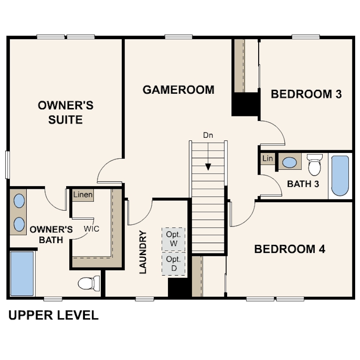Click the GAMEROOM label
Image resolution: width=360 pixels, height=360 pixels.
point(178,90)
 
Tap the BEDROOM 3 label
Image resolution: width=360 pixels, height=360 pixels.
point(306,94)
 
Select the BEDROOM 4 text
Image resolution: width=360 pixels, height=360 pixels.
point(290,249)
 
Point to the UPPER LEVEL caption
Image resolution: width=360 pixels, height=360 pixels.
point(53,315)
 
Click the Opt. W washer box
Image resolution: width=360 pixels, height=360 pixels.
point(174,239)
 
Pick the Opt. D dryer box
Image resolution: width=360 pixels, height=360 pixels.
point(174,264)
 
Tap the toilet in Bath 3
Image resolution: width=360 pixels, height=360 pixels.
point(315,164)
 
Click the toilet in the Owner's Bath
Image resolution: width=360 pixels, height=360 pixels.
point(89,284)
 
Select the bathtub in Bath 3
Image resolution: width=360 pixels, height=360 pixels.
point(340,176)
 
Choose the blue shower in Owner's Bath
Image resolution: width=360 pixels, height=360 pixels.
point(22,274)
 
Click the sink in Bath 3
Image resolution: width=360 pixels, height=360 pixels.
point(289,162)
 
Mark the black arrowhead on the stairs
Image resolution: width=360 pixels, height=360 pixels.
point(208,167)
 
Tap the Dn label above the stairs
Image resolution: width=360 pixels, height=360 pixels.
point(208,135)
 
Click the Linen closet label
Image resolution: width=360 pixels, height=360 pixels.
point(83,195)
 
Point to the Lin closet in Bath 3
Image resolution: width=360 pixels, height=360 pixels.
point(268,158)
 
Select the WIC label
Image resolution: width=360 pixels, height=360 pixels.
point(92,229)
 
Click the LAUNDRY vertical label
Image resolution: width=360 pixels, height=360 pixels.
point(143,252)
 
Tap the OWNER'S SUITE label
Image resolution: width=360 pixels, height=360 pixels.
point(65,112)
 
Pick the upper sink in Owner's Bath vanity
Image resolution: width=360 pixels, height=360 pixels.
point(19,200)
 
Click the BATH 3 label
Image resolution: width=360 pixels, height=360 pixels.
point(303,184)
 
